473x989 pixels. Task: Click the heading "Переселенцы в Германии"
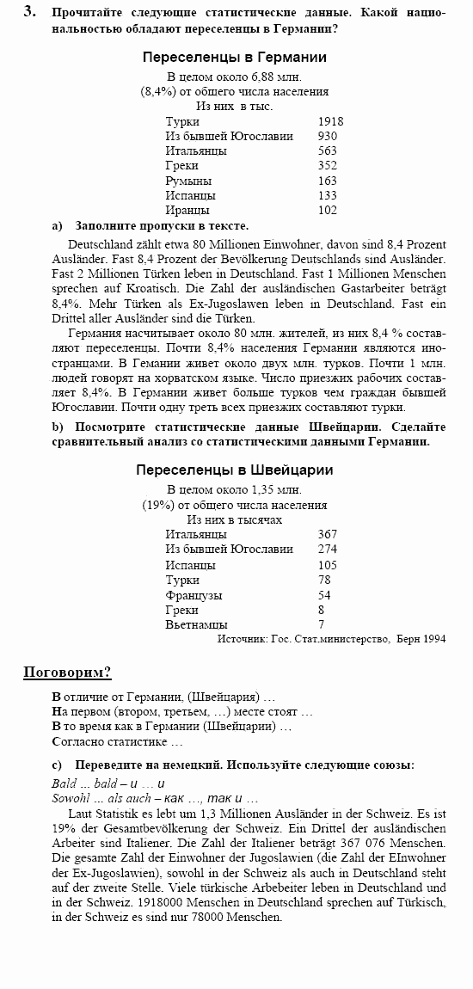pyautogui.click(x=235, y=58)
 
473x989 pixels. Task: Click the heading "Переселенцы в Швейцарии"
pyautogui.click(x=235, y=470)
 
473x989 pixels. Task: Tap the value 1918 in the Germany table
pyautogui.click(x=330, y=121)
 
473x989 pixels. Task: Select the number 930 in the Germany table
pyautogui.click(x=327, y=136)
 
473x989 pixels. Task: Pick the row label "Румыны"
pyautogui.click(x=189, y=181)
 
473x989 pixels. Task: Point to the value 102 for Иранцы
pyautogui.click(x=327, y=210)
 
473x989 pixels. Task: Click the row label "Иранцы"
pyautogui.click(x=187, y=210)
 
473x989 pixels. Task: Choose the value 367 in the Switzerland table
pyautogui.click(x=327, y=534)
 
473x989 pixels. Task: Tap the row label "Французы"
pyautogui.click(x=193, y=595)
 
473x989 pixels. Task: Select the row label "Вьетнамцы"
pyautogui.click(x=196, y=624)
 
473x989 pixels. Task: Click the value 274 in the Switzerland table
pyautogui.click(x=327, y=549)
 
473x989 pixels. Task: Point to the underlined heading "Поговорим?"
pyautogui.click(x=67, y=672)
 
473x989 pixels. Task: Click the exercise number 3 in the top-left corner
pyautogui.click(x=29, y=11)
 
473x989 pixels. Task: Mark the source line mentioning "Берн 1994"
pyautogui.click(x=332, y=639)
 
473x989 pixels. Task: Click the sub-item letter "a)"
pyautogui.click(x=58, y=225)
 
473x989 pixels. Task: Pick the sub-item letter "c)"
pyautogui.click(x=58, y=765)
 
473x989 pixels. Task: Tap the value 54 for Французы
pyautogui.click(x=324, y=595)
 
